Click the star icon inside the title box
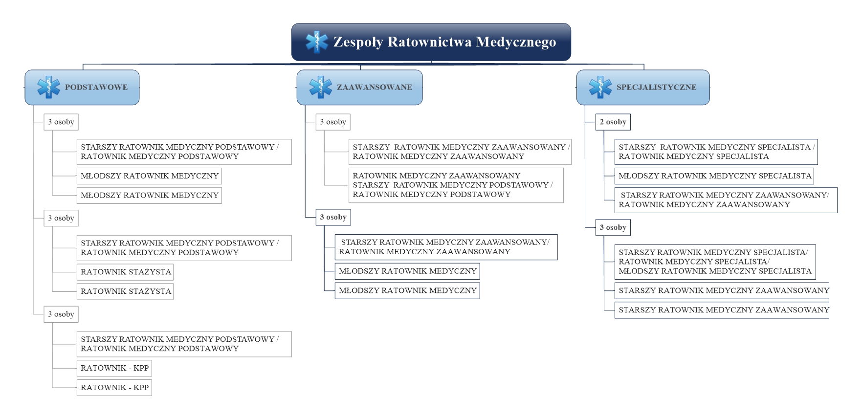pyautogui.click(x=317, y=42)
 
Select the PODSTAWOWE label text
pyautogui.click(x=96, y=87)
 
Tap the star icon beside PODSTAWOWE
pyautogui.click(x=49, y=87)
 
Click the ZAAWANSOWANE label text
pyautogui.click(x=375, y=87)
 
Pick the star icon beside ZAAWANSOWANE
pyautogui.click(x=321, y=87)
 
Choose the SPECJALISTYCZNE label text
pyautogui.click(x=656, y=87)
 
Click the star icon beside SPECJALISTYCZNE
pyautogui.click(x=600, y=87)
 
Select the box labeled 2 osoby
pyautogui.click(x=613, y=122)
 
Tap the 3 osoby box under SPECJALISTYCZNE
pyautogui.click(x=613, y=227)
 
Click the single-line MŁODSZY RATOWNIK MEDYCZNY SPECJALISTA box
pyautogui.click(x=714, y=176)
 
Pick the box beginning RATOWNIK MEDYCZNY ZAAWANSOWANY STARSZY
pyautogui.click(x=456, y=185)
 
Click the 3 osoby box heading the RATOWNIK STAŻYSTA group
pyautogui.click(x=61, y=218)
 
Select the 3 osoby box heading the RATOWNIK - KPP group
pyautogui.click(x=61, y=314)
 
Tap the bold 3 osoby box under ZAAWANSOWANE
pyautogui.click(x=333, y=217)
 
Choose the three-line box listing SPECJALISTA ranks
pyautogui.click(x=715, y=262)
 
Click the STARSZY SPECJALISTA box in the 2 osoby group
pyautogui.click(x=716, y=152)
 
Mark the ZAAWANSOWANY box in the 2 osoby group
pyautogui.click(x=726, y=200)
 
